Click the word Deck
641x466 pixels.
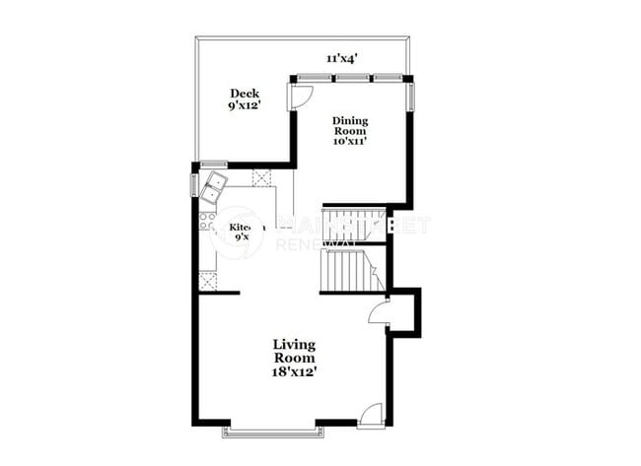pos(245,93)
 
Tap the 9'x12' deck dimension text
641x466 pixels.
pos(245,105)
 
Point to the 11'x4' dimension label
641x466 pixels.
pos(341,58)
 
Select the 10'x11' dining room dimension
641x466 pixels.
pos(349,142)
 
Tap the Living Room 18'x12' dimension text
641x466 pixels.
pos(295,372)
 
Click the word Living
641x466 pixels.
pos(295,344)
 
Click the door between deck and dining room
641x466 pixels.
pos(300,96)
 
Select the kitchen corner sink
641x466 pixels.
pos(214,185)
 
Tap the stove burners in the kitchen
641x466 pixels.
pos(208,222)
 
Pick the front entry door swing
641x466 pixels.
pos(371,415)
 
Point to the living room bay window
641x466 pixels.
pos(272,429)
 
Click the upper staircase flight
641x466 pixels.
pos(355,221)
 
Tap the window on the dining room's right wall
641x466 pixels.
pos(411,95)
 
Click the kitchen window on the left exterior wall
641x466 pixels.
pos(194,184)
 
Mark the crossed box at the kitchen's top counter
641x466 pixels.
pos(262,177)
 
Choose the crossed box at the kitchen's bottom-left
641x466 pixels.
pos(208,282)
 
